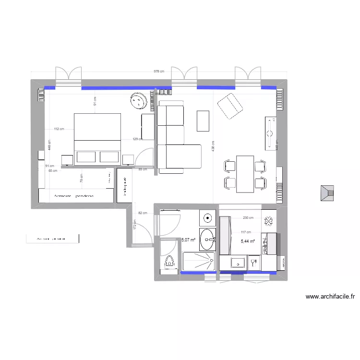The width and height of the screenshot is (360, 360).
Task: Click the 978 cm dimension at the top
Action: click(x=159, y=72)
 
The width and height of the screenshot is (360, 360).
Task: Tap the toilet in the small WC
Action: click(x=168, y=262)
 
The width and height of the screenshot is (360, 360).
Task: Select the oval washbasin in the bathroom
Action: click(x=207, y=239)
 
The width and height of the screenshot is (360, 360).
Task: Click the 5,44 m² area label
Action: click(x=248, y=242)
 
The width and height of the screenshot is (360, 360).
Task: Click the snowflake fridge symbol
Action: click(x=269, y=221)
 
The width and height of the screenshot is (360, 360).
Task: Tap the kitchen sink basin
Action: click(x=238, y=263)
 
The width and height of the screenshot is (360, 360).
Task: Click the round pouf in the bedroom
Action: click(x=139, y=101)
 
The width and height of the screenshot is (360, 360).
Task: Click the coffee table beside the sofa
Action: click(x=203, y=120)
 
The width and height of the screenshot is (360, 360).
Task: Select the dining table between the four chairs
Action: click(x=245, y=174)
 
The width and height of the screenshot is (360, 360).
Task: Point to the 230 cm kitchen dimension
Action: click(x=248, y=218)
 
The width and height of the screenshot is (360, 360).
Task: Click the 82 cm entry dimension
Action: click(x=142, y=213)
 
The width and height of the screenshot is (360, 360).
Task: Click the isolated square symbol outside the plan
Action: click(x=328, y=193)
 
